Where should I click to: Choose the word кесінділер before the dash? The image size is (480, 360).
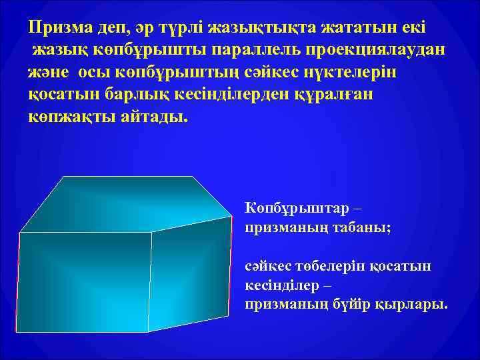(x=281, y=285)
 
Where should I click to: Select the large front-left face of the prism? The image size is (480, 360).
(x=84, y=280)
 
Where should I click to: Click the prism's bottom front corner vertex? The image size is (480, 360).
(x=148, y=331)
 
